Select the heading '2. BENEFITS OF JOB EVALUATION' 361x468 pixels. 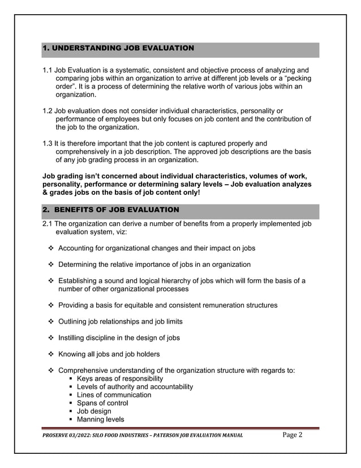(x=111, y=210)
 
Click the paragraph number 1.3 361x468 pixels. (x=48, y=143)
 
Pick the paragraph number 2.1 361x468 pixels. (x=48, y=224)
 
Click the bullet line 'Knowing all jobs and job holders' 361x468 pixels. (x=109, y=355)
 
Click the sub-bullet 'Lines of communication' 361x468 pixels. (x=114, y=395)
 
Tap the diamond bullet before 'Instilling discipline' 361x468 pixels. (x=51, y=338)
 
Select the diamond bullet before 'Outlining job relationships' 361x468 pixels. (x=51, y=322)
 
